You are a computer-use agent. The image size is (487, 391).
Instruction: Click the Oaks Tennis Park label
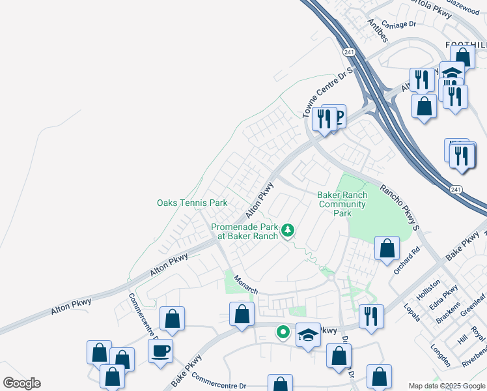(x=192, y=203)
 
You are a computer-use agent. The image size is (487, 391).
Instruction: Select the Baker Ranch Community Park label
(x=342, y=204)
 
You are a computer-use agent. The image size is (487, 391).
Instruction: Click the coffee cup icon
(x=160, y=351)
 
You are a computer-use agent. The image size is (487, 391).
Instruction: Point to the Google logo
(x=21, y=383)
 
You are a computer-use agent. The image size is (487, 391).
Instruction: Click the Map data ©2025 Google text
(x=447, y=386)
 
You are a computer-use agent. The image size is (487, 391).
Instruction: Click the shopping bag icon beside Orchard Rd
(x=387, y=248)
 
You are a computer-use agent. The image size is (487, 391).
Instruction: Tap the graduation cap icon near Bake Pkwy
(x=309, y=334)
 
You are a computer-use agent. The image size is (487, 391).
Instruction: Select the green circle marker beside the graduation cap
(x=283, y=333)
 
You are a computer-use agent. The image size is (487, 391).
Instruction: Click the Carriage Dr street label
(x=398, y=24)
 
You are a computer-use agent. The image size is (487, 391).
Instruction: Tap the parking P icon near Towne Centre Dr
(x=337, y=117)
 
